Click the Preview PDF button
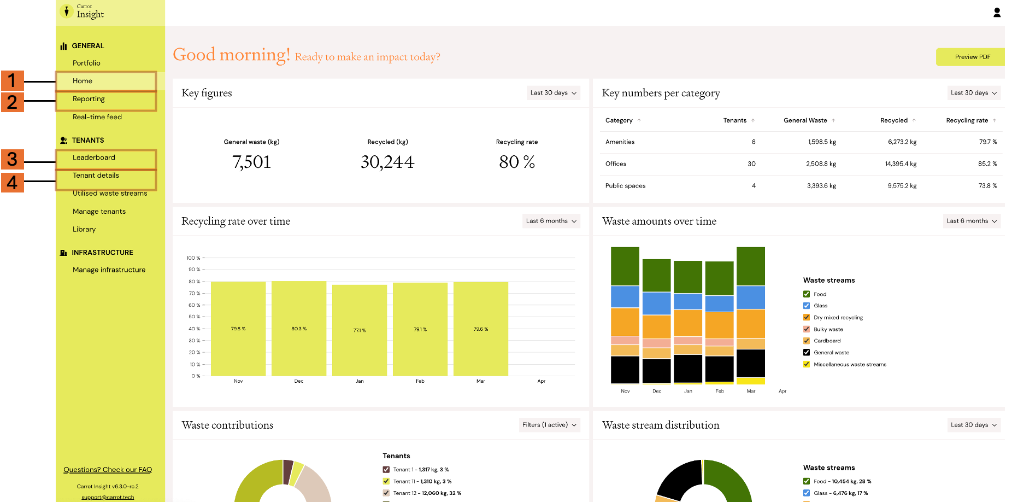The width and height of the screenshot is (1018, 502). (x=970, y=57)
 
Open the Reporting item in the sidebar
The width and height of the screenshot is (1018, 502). (x=89, y=99)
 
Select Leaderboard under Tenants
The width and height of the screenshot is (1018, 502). (x=94, y=157)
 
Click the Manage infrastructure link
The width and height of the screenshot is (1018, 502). (x=109, y=270)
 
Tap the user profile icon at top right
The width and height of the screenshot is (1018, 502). (x=997, y=13)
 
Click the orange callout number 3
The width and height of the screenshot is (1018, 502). (x=12, y=159)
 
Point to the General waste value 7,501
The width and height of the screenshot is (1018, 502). (x=251, y=162)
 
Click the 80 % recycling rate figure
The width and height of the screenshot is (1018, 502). (x=517, y=162)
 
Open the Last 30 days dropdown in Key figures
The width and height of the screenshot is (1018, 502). (x=553, y=93)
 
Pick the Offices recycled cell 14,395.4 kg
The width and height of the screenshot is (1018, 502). (x=901, y=164)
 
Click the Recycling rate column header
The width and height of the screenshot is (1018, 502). (x=967, y=120)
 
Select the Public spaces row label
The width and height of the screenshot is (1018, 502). (x=625, y=186)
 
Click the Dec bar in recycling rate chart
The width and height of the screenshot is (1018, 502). (x=299, y=328)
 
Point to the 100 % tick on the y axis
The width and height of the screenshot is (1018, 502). (x=193, y=258)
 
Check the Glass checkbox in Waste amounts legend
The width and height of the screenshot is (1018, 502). (x=807, y=306)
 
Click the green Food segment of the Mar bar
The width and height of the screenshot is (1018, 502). (x=751, y=266)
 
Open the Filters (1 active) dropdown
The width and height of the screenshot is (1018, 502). (x=549, y=425)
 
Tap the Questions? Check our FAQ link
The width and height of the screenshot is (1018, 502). (x=108, y=470)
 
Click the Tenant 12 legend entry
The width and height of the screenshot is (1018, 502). (x=422, y=493)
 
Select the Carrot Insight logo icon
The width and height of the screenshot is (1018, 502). (x=67, y=11)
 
